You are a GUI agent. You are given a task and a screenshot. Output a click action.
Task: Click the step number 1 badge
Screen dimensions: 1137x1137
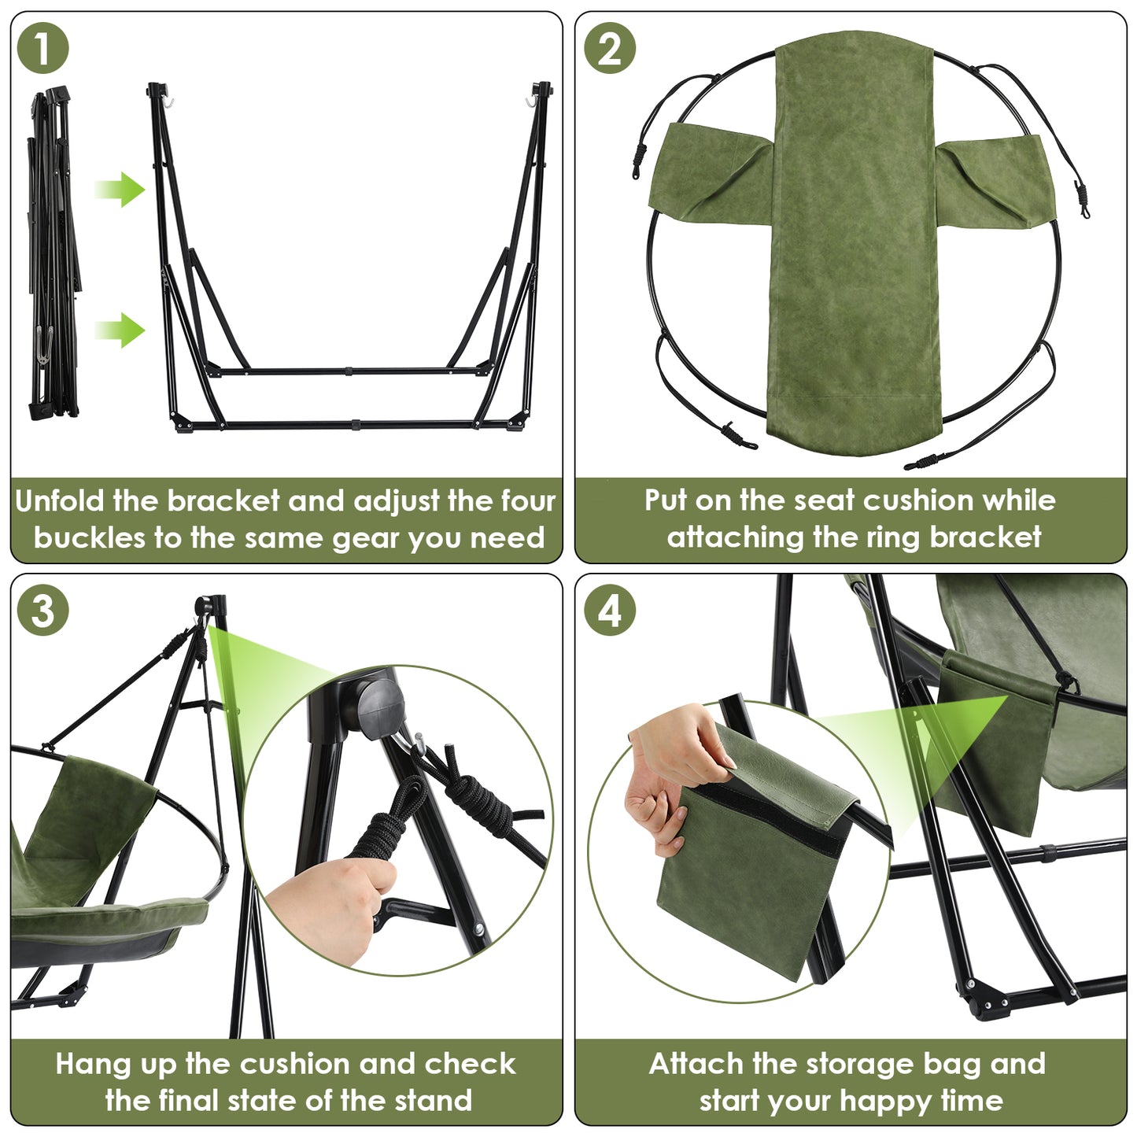(x=43, y=48)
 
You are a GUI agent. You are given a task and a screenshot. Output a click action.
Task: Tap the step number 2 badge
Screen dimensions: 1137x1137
(x=610, y=48)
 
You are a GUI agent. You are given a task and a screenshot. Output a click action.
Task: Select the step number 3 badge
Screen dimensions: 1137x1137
(x=43, y=610)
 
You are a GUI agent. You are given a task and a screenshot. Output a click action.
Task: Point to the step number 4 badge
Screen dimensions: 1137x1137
(x=610, y=610)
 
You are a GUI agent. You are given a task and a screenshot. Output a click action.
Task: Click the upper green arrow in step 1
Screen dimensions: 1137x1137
(x=120, y=190)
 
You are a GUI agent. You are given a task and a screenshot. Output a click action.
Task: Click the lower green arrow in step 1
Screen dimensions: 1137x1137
(x=120, y=330)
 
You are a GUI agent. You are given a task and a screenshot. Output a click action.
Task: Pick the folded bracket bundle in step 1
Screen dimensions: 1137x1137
(x=53, y=253)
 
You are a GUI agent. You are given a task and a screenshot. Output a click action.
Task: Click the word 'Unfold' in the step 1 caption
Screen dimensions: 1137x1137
(x=58, y=501)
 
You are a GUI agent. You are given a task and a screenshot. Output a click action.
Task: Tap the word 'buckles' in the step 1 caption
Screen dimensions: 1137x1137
(x=89, y=537)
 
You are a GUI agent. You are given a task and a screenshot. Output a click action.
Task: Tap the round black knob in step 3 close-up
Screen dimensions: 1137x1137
(x=382, y=707)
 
